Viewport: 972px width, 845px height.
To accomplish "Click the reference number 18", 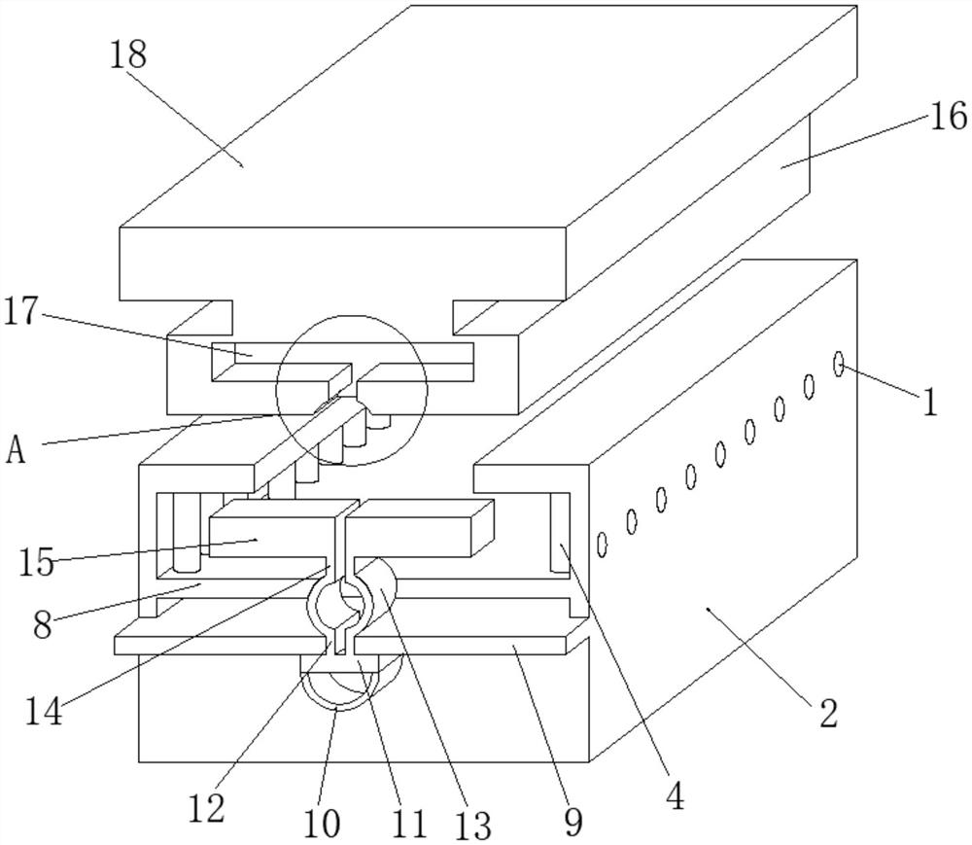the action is (128, 54).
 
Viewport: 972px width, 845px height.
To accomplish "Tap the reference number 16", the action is (948, 116).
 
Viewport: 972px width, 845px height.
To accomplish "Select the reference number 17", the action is (21, 310).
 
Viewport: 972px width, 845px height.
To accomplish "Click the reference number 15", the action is (37, 562).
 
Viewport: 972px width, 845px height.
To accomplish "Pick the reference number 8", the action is (42, 625).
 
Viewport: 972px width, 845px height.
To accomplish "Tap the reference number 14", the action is (44, 711).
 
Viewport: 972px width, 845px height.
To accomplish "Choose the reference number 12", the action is (206, 808).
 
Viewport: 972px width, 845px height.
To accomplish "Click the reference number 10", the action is (322, 825).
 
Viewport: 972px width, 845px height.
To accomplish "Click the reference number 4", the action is (676, 796).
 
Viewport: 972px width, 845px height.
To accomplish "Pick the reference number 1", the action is (929, 402).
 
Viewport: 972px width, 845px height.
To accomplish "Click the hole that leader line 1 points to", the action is (839, 364).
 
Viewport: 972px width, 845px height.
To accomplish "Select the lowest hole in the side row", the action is (602, 545).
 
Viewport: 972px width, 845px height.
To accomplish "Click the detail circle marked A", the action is (352, 391).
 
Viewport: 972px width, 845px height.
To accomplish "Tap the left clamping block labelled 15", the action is (277, 529).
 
